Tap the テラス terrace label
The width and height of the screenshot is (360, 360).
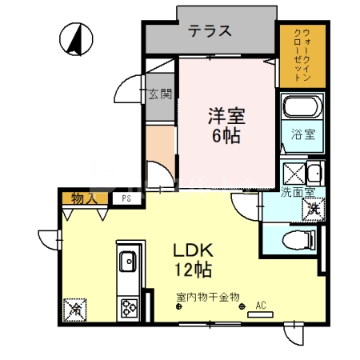[x=210, y=32]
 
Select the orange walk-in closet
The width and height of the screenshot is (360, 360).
[x=301, y=55]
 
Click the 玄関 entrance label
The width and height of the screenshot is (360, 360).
[x=160, y=94]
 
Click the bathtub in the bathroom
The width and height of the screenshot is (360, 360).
[x=302, y=107]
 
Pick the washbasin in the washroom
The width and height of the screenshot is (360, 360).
[x=314, y=173]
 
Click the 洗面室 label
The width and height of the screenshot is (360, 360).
[x=297, y=192]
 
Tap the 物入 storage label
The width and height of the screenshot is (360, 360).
[x=83, y=198]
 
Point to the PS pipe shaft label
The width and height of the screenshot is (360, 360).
[x=125, y=198]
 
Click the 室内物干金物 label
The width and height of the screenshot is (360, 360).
[x=208, y=298]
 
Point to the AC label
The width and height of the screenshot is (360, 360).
[x=260, y=305]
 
